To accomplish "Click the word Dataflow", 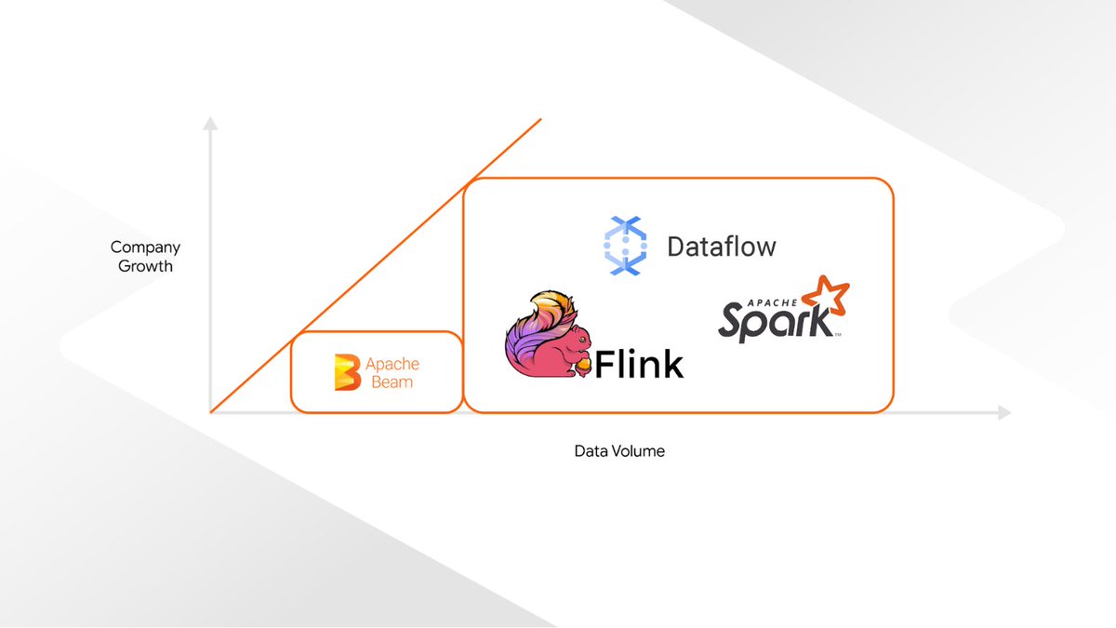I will click(x=722, y=247).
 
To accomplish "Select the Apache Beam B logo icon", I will click(x=347, y=372).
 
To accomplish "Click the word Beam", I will click(x=392, y=381).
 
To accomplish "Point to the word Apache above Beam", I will click(x=392, y=364).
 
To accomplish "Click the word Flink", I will click(x=639, y=365).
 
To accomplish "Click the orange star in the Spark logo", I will click(x=827, y=297).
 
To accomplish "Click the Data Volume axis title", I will click(x=619, y=451).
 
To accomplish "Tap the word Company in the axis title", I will click(x=145, y=247).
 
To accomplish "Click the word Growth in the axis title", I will click(x=145, y=266).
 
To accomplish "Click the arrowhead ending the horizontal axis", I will click(x=1004, y=412).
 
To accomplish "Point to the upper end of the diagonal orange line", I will click(x=540, y=119).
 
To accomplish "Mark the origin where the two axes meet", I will click(x=211, y=412).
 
